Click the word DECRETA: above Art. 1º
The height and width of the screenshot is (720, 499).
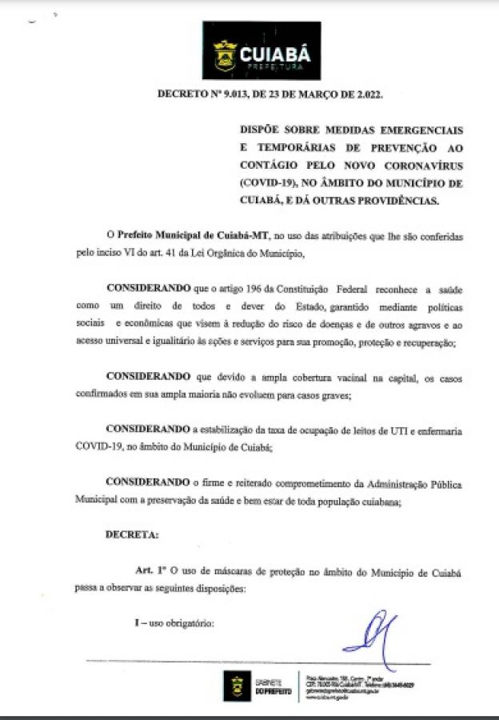coord(132,534)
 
